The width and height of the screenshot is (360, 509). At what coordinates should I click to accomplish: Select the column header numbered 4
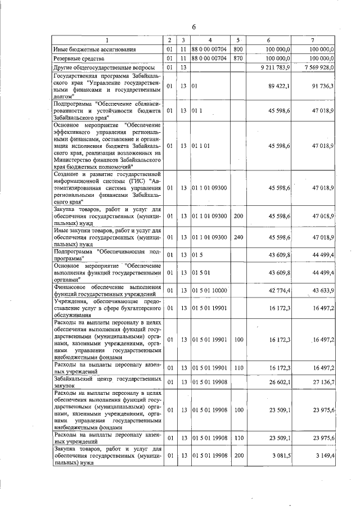pos(209,40)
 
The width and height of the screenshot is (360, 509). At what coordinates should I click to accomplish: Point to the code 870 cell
pos(238,58)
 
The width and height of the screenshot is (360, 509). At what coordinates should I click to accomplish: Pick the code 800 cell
pos(238,49)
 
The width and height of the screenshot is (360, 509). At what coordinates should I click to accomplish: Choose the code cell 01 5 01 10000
pos(209,290)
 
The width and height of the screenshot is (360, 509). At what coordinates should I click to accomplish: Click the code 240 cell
pos(238,237)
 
